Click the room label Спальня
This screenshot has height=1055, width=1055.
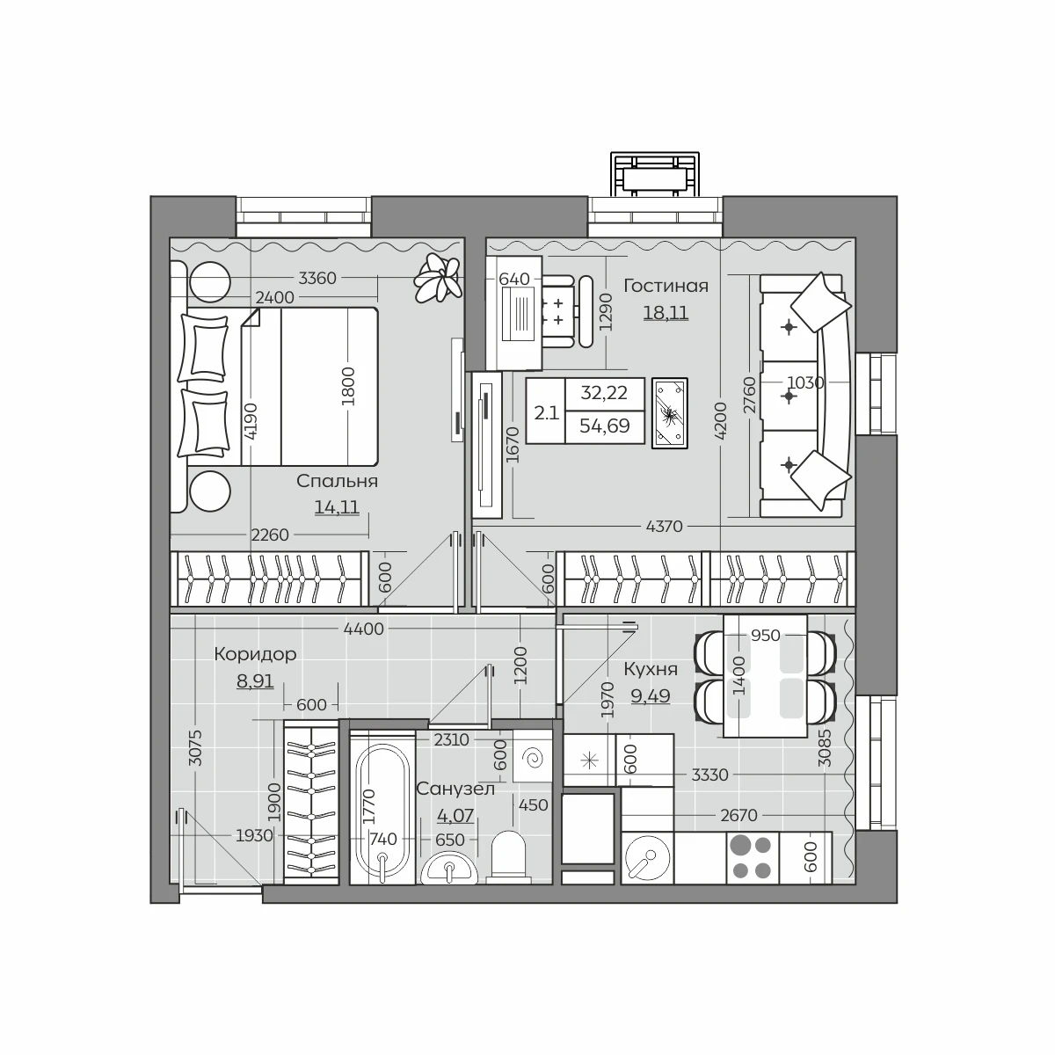click(337, 481)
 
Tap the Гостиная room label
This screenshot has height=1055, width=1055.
click(666, 285)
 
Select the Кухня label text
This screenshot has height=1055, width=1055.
click(651, 668)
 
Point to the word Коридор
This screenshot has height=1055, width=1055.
click(255, 654)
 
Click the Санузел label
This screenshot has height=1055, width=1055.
click(455, 789)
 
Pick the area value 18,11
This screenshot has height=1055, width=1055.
click(666, 313)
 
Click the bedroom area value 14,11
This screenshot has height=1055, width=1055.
click(337, 507)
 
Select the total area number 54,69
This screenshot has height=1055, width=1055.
click(604, 426)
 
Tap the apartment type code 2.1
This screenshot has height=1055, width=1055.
click(546, 413)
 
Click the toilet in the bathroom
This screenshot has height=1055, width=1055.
click(509, 857)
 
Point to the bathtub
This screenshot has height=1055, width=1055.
click(382, 807)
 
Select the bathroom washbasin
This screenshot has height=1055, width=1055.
click(449, 869)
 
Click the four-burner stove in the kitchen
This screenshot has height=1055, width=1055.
click(753, 858)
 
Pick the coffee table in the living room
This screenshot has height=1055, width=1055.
click(670, 413)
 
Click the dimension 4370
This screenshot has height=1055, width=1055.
click(664, 526)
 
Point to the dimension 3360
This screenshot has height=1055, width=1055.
click(317, 278)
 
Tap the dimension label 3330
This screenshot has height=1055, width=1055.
click(709, 775)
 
